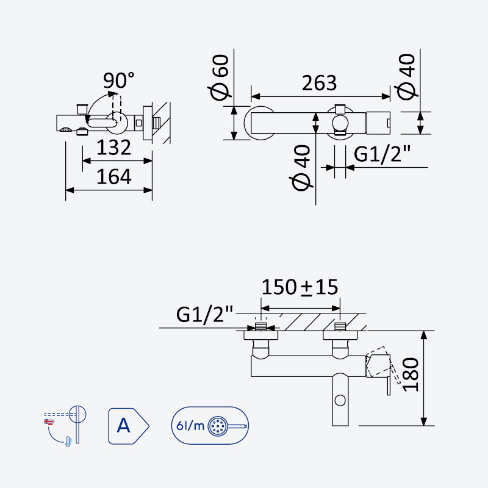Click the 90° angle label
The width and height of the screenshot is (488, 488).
(x=118, y=81)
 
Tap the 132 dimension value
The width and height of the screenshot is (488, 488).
(x=113, y=147)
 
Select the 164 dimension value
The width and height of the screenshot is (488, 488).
(x=114, y=176)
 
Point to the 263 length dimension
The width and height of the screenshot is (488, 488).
(x=319, y=83)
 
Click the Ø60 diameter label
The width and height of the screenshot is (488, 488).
(x=220, y=77)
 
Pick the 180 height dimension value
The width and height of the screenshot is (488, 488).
(x=411, y=375)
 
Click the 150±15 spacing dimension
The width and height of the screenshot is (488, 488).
(x=300, y=287)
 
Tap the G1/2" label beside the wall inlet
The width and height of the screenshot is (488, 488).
(x=204, y=314)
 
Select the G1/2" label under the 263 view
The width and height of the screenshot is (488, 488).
(x=382, y=154)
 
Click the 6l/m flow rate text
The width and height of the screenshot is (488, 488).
(x=190, y=425)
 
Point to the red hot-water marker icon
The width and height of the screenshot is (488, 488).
(x=49, y=422)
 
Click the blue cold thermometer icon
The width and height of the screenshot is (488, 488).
(x=68, y=440)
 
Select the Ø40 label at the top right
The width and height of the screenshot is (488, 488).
(x=406, y=77)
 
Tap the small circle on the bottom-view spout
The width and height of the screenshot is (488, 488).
(x=340, y=400)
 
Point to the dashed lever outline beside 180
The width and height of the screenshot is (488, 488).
(x=384, y=365)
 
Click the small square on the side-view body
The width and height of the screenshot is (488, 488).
(x=139, y=123)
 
